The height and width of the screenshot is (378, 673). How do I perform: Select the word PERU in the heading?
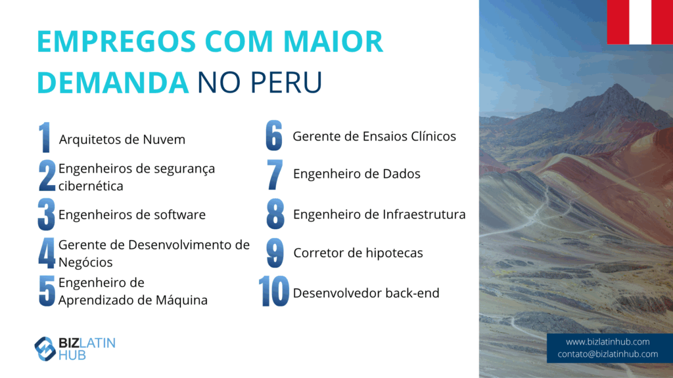coord(286,82)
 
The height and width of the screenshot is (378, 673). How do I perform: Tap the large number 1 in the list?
coord(45,138)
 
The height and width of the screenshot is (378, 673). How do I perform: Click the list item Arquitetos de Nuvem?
coord(122,140)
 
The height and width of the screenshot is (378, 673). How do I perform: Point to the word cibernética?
coord(91,186)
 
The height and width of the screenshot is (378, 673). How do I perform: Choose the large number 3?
coord(47,215)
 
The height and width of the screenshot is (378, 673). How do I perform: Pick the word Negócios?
coord(85,262)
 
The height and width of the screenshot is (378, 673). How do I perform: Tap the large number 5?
coord(47,291)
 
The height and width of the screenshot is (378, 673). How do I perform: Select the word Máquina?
coord(181,300)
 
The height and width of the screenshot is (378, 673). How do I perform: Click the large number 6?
coord(274,135)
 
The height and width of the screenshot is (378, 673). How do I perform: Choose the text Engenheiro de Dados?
coord(357,174)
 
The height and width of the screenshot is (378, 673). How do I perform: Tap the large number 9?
coord(275,253)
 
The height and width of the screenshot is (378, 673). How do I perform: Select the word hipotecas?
coord(394,253)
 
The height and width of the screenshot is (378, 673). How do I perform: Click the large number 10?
coord(274,291)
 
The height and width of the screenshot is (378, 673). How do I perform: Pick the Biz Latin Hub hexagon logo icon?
coord(45,349)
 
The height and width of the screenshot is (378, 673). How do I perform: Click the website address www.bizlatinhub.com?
coord(608,341)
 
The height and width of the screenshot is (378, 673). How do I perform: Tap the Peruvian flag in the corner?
coord(640,22)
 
